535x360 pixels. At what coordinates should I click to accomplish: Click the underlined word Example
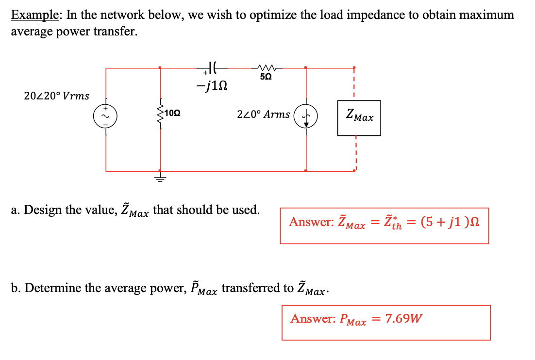coord(35,15)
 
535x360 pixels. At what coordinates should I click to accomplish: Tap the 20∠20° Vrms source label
coord(56,96)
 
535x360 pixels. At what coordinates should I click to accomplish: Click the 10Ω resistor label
coord(173,113)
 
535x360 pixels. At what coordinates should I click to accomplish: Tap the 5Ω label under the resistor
coord(266,77)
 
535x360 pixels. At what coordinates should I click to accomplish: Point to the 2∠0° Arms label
coord(263,115)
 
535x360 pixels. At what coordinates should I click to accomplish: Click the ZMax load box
coord(359,117)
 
